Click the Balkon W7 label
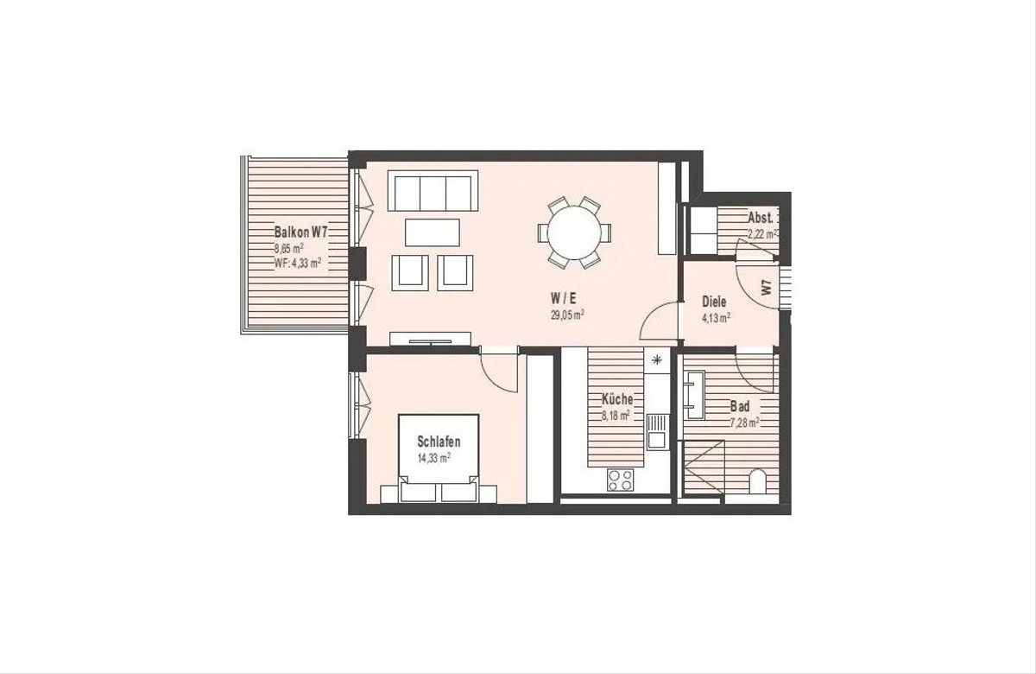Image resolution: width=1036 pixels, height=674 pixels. (x=300, y=232)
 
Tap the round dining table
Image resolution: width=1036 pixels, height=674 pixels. (x=574, y=232)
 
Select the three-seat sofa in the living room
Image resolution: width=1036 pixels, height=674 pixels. (x=433, y=191)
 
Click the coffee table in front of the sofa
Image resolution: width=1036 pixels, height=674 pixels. (x=433, y=232)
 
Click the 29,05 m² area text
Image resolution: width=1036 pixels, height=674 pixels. (x=567, y=315)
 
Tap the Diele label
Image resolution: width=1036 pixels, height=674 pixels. (x=714, y=302)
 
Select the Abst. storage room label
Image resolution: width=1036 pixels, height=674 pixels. (x=761, y=218)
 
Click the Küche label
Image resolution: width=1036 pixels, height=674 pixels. (x=617, y=398)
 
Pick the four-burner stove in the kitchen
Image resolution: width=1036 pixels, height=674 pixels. (x=620, y=480)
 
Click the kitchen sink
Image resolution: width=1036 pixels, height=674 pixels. (x=657, y=431)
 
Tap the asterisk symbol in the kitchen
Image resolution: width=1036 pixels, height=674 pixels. (x=657, y=359)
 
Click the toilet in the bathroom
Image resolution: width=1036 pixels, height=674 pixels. (x=756, y=482)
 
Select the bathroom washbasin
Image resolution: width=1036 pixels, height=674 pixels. (x=694, y=394)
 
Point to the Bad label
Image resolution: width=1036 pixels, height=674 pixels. (x=740, y=407)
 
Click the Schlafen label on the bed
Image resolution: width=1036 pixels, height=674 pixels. (x=439, y=442)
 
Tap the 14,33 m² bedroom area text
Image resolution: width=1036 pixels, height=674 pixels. (x=434, y=458)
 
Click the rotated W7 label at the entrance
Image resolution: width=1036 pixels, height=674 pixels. (x=767, y=288)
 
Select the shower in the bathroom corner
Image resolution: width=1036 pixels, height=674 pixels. (x=704, y=468)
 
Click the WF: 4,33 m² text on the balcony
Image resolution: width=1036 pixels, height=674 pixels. (x=298, y=264)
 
